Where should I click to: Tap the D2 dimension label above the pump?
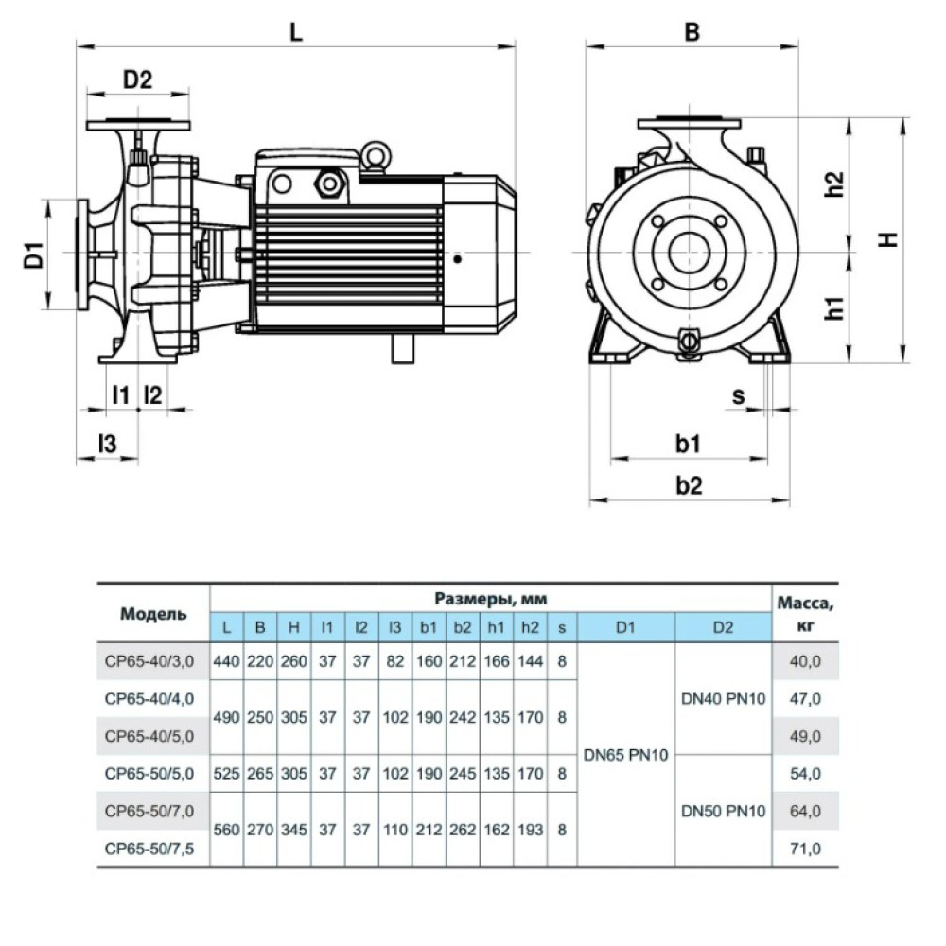(x=138, y=79)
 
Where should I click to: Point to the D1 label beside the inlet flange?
(x=34, y=254)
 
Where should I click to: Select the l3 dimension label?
(x=108, y=444)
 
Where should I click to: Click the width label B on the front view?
(x=692, y=31)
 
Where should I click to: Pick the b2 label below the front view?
(x=689, y=485)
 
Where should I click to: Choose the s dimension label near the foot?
(x=739, y=396)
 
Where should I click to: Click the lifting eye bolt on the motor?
(x=377, y=156)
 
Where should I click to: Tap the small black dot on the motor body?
(x=458, y=259)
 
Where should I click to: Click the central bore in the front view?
(x=689, y=253)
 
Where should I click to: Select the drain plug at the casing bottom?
(x=689, y=342)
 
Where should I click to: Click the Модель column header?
(x=153, y=614)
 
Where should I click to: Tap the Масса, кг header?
(x=805, y=614)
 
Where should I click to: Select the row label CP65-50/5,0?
(x=149, y=774)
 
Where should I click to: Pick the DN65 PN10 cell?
(x=625, y=755)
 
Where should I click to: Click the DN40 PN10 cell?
(x=724, y=699)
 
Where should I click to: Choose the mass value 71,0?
(x=805, y=849)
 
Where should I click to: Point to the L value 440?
(x=226, y=661)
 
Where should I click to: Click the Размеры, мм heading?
(x=490, y=599)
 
